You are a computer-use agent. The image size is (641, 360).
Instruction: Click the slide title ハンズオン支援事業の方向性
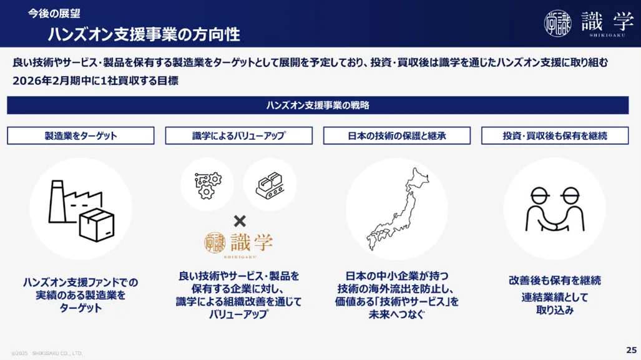point(144,34)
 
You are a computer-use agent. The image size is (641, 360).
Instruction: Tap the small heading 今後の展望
point(54,14)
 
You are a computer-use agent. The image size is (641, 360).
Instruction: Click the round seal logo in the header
point(557,23)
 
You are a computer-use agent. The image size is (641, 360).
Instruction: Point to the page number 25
point(631,350)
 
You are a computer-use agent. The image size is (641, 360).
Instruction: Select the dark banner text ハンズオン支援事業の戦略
point(318,105)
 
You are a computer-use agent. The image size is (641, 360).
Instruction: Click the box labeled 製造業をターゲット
point(81,135)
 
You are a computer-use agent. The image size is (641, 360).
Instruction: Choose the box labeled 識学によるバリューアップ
point(239,135)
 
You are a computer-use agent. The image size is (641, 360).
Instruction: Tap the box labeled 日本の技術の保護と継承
point(397,135)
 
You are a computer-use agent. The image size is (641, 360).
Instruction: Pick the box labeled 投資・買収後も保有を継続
point(555,135)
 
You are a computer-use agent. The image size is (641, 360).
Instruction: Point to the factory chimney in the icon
point(57,202)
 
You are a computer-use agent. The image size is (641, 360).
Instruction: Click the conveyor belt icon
point(270,185)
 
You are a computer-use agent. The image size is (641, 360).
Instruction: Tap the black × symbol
point(240,221)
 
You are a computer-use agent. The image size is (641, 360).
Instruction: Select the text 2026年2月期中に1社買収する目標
point(95,81)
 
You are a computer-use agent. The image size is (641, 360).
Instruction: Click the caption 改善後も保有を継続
point(555,280)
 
